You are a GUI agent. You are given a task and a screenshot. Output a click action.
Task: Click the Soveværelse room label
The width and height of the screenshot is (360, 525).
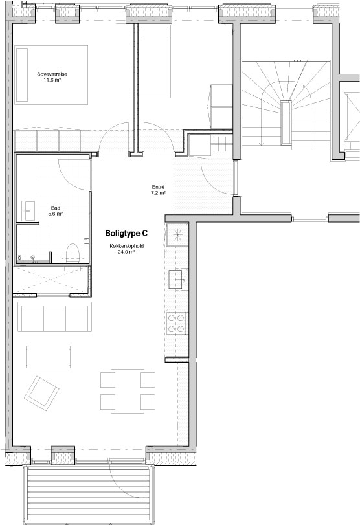(x=52, y=74)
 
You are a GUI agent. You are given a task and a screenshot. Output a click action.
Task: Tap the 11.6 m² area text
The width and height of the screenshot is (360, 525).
(x=52, y=80)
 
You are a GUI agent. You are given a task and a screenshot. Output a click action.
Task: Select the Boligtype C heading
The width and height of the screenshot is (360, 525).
(x=126, y=233)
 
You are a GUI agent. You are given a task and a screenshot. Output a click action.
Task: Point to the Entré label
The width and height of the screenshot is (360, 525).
(x=158, y=187)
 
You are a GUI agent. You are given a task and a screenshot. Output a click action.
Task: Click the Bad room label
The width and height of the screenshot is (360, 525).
(x=56, y=208)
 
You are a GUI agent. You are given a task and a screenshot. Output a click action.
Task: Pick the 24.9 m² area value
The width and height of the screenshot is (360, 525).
(x=126, y=251)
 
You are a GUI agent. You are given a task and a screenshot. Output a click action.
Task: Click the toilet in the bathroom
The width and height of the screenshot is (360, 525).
(x=73, y=253)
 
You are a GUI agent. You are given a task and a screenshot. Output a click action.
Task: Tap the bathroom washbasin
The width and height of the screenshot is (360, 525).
(x=28, y=210)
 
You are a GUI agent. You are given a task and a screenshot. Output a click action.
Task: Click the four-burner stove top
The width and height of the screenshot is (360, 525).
(x=176, y=323)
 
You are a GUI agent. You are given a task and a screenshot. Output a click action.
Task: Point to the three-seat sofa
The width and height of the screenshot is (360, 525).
(x=54, y=317)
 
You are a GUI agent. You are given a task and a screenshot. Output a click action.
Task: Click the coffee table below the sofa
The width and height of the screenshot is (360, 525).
(x=48, y=357)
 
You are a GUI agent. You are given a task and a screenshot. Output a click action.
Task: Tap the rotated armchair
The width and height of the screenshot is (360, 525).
(x=41, y=394)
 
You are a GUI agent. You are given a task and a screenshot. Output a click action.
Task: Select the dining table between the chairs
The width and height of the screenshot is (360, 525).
(x=128, y=391)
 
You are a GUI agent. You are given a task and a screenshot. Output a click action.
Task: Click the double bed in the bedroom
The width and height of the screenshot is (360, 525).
(x=51, y=75)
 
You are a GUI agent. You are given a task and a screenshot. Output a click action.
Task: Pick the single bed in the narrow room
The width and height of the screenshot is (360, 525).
(x=155, y=61)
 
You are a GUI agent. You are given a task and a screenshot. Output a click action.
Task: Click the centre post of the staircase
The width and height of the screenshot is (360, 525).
(x=286, y=122)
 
